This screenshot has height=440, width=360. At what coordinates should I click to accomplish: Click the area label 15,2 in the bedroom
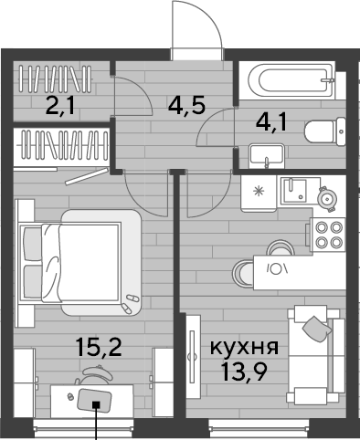click(100, 348)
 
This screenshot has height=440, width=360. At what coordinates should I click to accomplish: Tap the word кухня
click(244, 348)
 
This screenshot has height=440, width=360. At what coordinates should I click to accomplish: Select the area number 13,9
click(245, 372)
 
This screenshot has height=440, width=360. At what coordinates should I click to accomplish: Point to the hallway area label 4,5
click(187, 105)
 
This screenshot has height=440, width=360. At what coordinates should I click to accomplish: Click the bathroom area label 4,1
click(271, 122)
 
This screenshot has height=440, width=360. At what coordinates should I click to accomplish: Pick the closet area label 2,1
click(60, 106)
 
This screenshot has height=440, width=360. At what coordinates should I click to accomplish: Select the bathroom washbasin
click(267, 156)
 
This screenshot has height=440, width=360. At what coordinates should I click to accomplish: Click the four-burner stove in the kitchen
click(328, 235)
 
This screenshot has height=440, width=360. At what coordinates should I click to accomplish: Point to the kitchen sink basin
click(294, 191)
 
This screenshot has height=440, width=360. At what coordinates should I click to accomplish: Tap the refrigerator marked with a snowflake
click(259, 194)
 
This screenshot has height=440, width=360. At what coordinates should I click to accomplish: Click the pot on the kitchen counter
click(327, 199)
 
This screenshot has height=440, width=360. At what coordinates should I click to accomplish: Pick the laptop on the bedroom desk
click(94, 401)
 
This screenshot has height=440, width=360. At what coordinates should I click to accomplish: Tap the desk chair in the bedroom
click(94, 375)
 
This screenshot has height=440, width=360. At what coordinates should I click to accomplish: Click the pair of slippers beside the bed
click(130, 303)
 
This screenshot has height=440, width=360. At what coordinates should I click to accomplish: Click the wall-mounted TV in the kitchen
click(192, 356)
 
